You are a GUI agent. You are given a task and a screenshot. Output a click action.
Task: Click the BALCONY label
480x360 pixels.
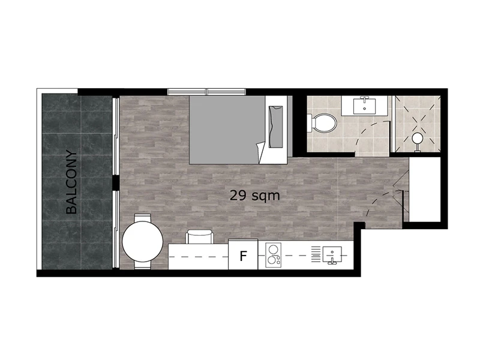tap(71, 182)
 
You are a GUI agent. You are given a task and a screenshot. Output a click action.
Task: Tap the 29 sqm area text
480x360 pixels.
tap(254, 196)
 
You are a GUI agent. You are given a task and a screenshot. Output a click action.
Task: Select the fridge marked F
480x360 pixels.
tap(243, 254)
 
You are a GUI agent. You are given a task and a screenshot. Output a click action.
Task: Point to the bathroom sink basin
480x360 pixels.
tap(364, 106)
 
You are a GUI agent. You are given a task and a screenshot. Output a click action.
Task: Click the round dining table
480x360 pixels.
tap(143, 242)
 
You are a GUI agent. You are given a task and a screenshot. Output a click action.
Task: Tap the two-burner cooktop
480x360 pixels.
tap(274, 256)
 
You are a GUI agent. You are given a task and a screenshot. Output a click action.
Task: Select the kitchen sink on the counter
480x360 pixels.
tap(332, 255)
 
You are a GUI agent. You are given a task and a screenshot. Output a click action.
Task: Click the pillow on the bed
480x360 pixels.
tap(275, 127)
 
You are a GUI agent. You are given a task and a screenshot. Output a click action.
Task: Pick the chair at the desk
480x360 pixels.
tap(200, 236)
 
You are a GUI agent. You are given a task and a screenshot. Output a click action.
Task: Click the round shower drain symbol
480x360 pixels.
tap(417, 139)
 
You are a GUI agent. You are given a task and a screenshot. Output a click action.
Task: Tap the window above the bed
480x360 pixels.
tap(206, 92)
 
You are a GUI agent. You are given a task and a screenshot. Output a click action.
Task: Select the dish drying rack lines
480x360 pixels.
tap(316, 254)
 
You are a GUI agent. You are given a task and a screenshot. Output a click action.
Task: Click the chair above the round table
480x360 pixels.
tap(143, 218)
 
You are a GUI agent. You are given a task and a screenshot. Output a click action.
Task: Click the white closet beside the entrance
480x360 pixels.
tap(425, 190)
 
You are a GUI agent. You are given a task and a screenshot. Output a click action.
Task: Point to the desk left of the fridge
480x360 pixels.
tap(199, 257)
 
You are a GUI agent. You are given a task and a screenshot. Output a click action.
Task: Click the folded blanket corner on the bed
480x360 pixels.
tap(260, 152)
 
